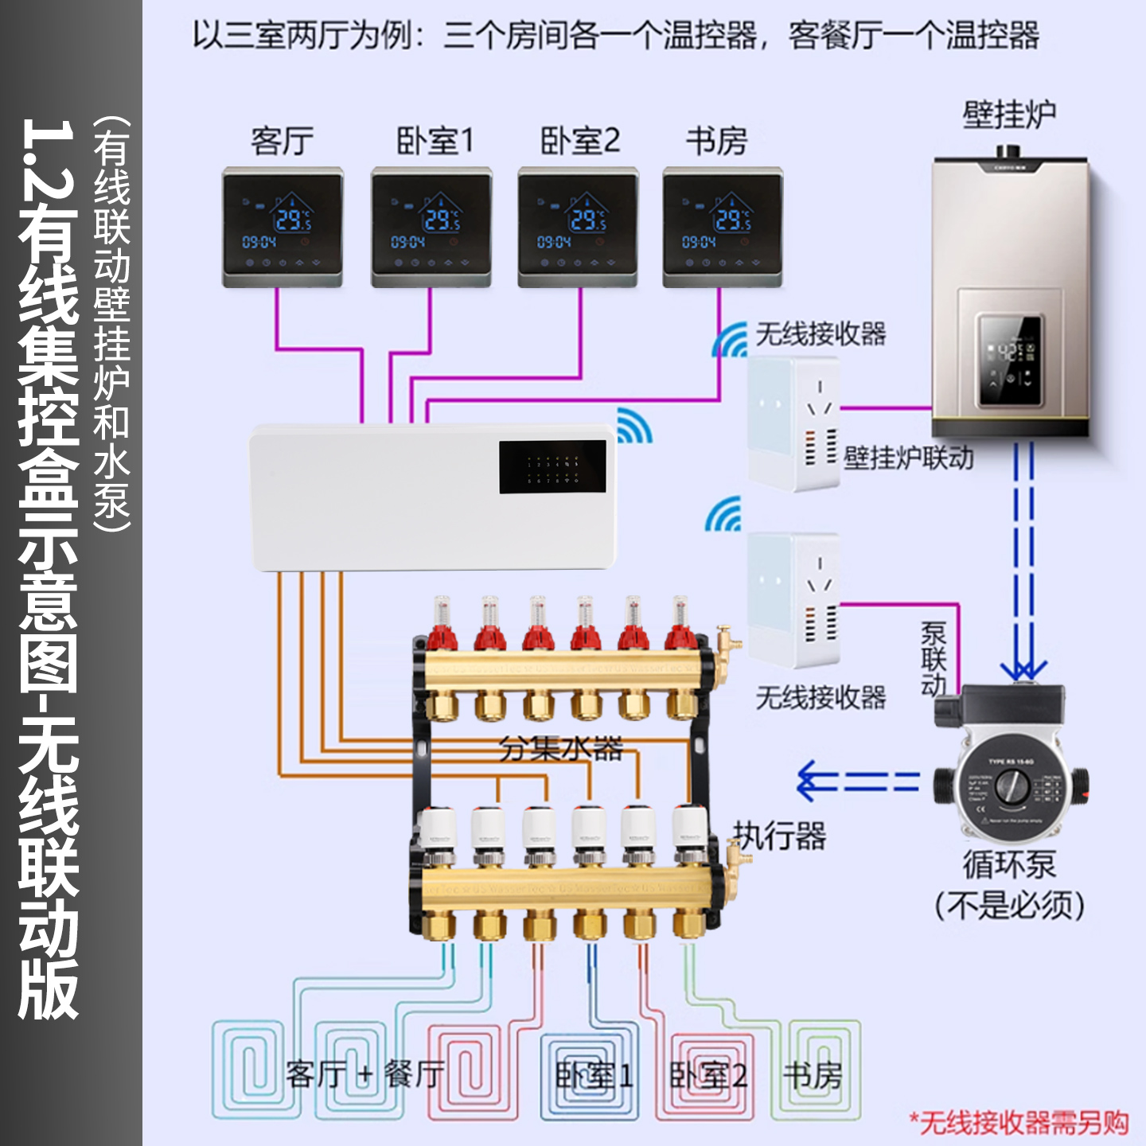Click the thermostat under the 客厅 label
[283, 227]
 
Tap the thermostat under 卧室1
[431, 227]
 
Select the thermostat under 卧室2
[578, 227]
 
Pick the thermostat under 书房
[723, 227]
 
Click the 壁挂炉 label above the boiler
[1009, 115]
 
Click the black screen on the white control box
[552, 466]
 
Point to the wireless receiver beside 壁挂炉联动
[793, 423]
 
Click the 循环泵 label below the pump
[1009, 865]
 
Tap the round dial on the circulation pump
[1012, 788]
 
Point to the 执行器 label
[779, 836]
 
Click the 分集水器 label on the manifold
[560, 748]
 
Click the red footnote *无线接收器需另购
[1019, 1123]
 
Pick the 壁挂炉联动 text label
[908, 458]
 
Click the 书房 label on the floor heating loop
[813, 1075]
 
